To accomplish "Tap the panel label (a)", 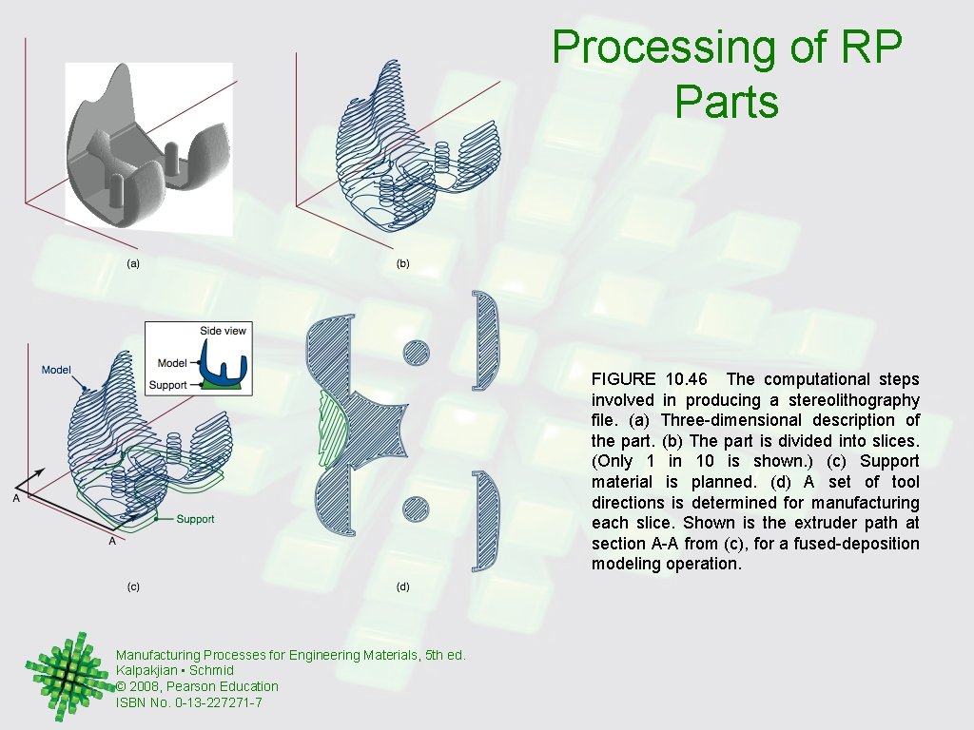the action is (134, 263).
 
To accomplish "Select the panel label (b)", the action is (402, 263).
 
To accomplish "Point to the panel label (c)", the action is (134, 586).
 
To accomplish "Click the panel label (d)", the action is (402, 586).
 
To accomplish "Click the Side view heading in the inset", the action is (223, 331).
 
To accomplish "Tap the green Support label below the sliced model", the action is (195, 519).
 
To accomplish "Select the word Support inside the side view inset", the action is (167, 385).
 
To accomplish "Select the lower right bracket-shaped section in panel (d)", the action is (486, 520).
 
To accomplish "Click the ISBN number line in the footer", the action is (188, 702).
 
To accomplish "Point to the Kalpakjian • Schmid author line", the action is (174, 670).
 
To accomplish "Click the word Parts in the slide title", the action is (727, 101).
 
